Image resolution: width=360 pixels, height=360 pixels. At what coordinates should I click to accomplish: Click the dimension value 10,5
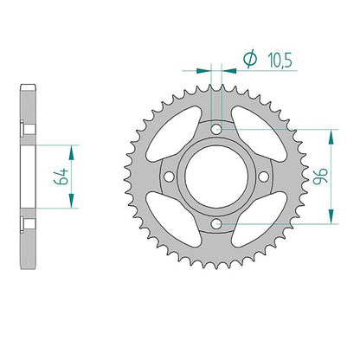[280, 61]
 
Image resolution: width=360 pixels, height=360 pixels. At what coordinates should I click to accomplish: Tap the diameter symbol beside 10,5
[250, 59]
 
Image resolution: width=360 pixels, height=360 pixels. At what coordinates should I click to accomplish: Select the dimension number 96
[320, 176]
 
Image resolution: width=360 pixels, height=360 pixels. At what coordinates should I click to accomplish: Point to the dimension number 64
[61, 177]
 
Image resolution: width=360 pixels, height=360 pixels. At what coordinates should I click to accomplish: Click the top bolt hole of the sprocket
[216, 129]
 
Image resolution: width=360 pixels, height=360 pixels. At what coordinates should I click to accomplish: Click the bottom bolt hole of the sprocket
[216, 223]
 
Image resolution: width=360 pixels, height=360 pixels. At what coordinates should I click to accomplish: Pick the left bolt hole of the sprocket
[169, 177]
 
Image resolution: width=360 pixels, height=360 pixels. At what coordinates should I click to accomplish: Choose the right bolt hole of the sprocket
[263, 177]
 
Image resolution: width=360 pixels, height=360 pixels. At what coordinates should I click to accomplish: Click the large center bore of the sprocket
[216, 177]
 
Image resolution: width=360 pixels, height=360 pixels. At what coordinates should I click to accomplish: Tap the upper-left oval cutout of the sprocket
[174, 134]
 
